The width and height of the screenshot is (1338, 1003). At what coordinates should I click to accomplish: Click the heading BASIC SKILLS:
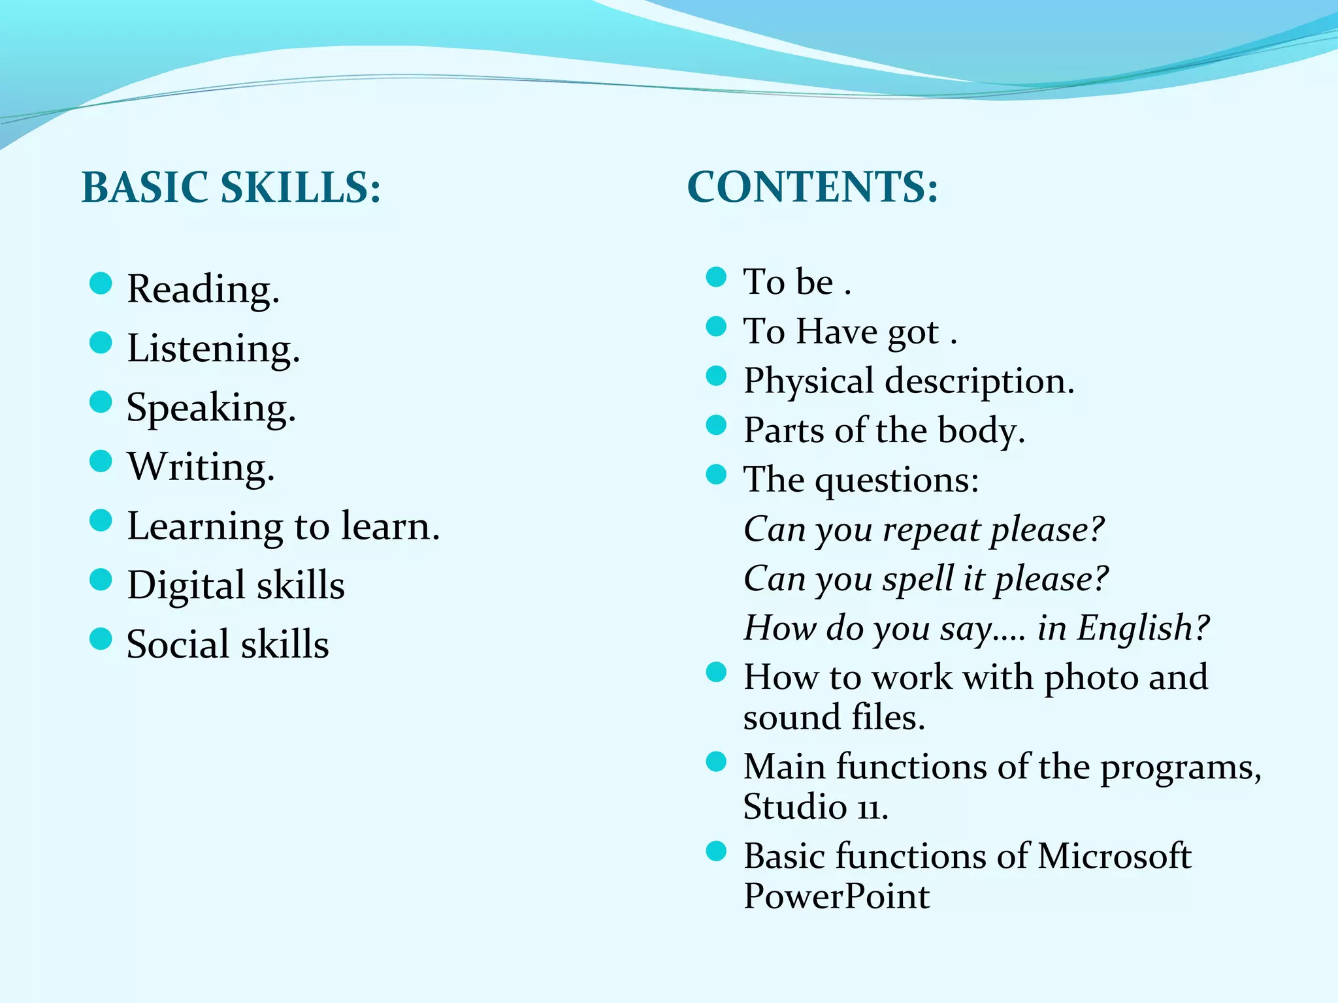231,187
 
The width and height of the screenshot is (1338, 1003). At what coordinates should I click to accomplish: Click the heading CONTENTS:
812,187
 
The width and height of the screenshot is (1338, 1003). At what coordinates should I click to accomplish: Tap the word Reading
203,289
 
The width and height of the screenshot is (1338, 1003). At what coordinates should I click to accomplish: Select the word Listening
213,348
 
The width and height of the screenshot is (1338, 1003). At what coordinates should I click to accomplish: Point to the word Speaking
210,408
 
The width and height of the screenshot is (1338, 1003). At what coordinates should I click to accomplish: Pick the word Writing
201,467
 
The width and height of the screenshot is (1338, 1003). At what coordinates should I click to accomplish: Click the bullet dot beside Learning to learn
101,520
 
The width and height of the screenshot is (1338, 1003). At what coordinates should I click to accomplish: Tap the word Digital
186,585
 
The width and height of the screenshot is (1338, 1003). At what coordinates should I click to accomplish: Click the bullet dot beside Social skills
101,639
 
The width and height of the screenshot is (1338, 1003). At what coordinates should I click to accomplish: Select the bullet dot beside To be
717,277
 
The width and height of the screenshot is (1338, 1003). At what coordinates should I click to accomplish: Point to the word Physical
809,381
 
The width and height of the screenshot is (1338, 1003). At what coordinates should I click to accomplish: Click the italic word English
1143,628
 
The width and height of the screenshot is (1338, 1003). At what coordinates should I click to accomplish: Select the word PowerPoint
836,896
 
